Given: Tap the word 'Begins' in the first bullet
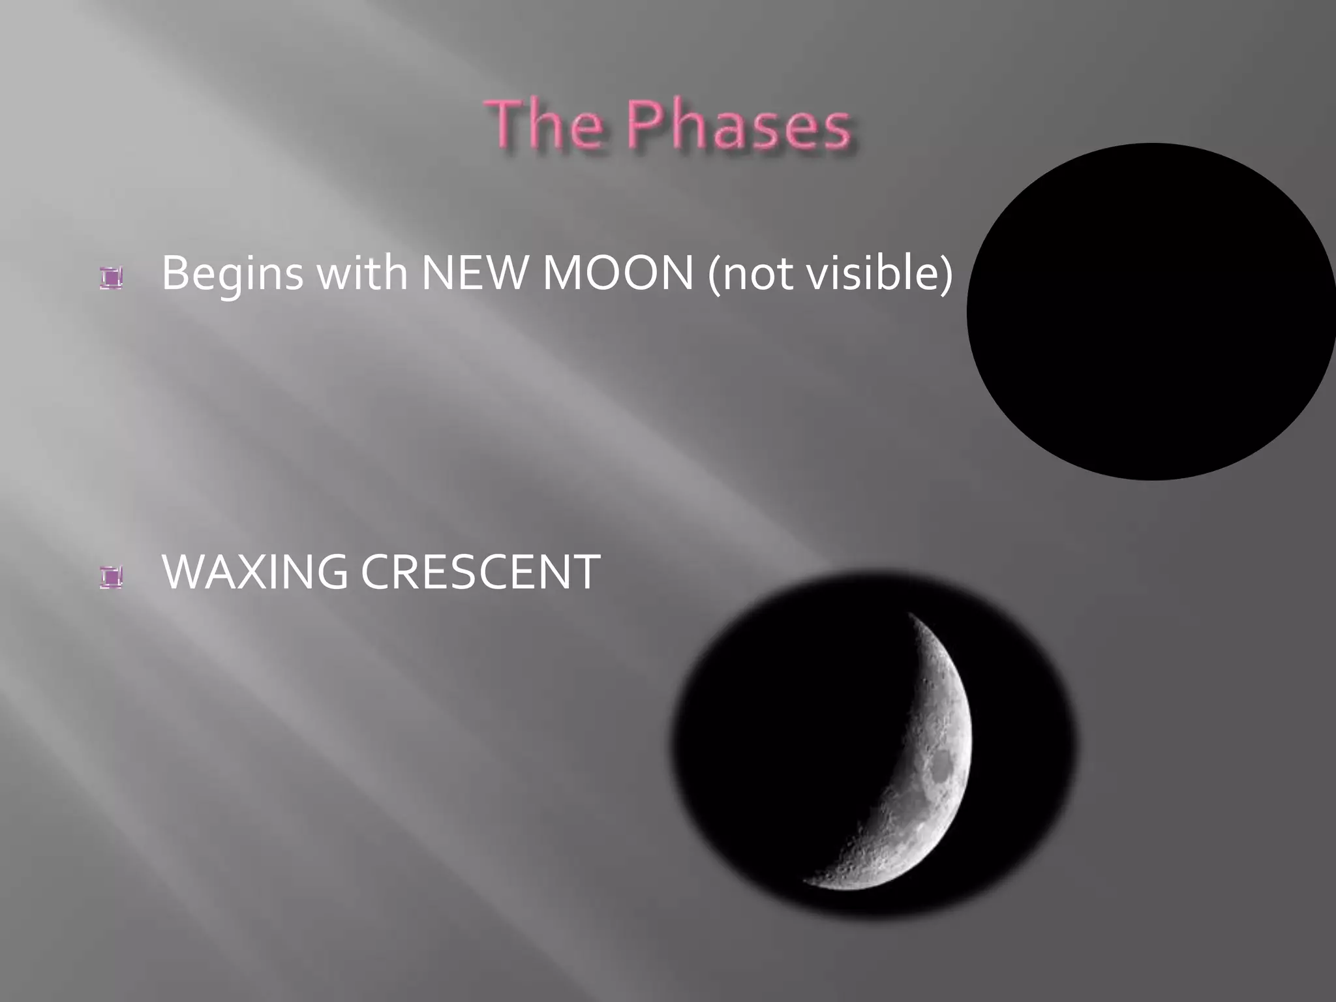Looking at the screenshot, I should click(x=232, y=274).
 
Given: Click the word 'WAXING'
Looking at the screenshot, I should click(x=254, y=571).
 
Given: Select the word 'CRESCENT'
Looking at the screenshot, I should click(x=480, y=571).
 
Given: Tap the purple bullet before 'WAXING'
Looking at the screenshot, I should click(x=112, y=577).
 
